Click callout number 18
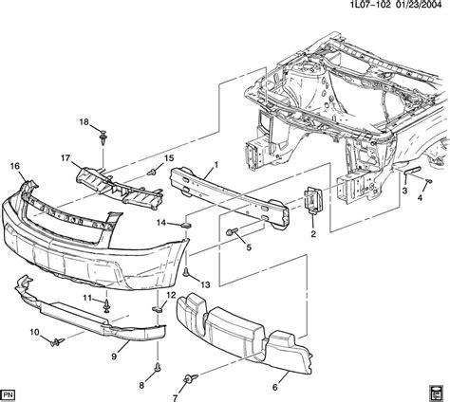83,122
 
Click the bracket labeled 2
310,206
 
